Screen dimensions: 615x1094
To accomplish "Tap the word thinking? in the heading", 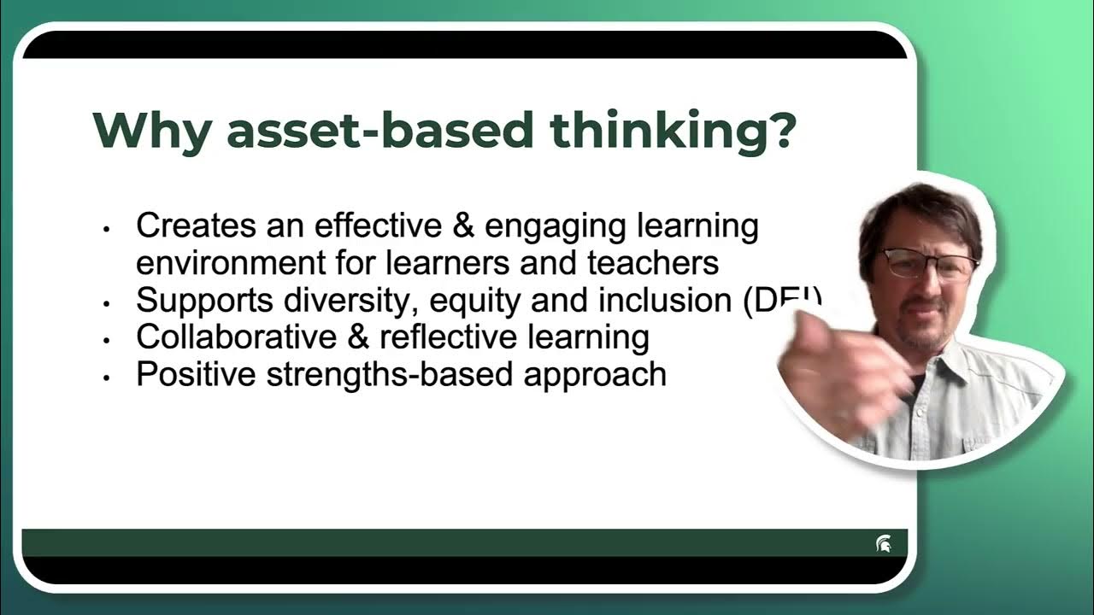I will tap(673, 131).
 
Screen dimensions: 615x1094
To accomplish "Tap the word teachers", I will tap(654, 262).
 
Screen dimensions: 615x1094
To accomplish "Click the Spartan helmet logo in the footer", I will tap(883, 544).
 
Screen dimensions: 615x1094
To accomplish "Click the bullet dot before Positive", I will tap(107, 377).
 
